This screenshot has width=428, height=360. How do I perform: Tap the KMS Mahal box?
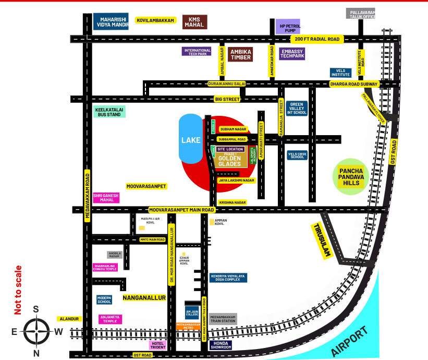[x=195, y=22]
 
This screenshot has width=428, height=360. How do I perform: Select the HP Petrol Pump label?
[x=287, y=27]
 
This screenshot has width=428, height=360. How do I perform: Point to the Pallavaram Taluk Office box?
[x=361, y=14]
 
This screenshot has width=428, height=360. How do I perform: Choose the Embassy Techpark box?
[x=292, y=54]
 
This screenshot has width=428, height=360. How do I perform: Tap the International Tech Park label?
[x=197, y=52]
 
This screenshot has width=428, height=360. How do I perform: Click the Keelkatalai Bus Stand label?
[x=109, y=111]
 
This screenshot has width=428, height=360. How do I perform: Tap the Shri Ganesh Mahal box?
[x=106, y=198]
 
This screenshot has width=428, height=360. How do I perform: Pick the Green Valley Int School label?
[x=297, y=109]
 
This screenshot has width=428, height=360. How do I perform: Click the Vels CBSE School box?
[x=297, y=155]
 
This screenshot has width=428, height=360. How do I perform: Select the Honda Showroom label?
[x=221, y=345]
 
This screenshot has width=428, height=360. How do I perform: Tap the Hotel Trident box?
[x=158, y=345]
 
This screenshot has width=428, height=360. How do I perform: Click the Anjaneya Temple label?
[x=110, y=318]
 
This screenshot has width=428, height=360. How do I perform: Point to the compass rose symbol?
[x=36, y=331]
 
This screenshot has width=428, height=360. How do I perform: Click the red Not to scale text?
[x=18, y=290]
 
